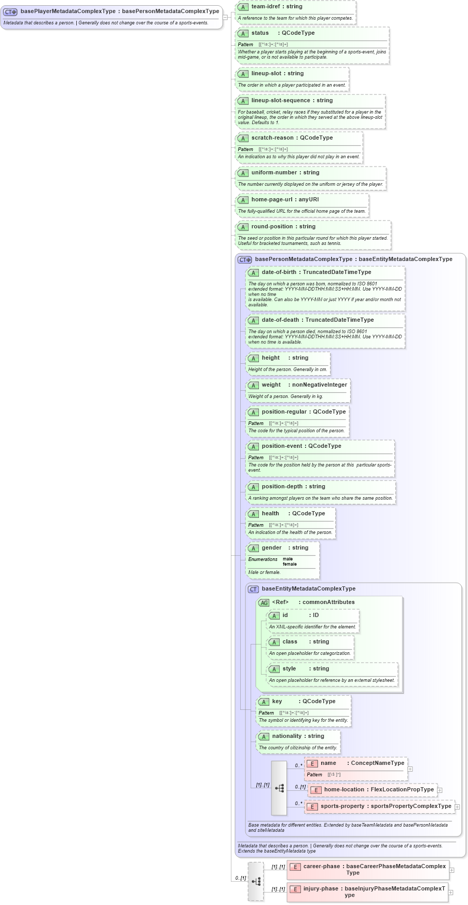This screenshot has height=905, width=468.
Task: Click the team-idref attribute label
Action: pyautogui.click(x=265, y=7)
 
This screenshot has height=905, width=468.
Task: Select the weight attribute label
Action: pyautogui.click(x=271, y=385)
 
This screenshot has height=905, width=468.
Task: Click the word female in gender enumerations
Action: pyautogui.click(x=290, y=564)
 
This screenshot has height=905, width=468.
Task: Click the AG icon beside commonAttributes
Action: pyautogui.click(x=264, y=602)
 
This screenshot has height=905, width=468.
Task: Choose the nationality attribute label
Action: pyautogui.click(x=287, y=736)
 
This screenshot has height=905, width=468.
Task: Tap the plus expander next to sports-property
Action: pyautogui.click(x=457, y=807)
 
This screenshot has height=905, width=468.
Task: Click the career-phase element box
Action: pyautogui.click(x=367, y=870)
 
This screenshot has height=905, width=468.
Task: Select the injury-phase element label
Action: pyautogui.click(x=321, y=889)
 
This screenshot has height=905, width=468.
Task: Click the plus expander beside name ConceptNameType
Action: pyautogui.click(x=410, y=769)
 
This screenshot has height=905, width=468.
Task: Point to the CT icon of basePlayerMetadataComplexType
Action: pyautogui.click(x=10, y=11)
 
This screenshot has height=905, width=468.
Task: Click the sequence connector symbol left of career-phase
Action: pyautogui.click(x=256, y=882)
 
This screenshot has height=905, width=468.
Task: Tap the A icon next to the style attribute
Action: pyautogui.click(x=274, y=669)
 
